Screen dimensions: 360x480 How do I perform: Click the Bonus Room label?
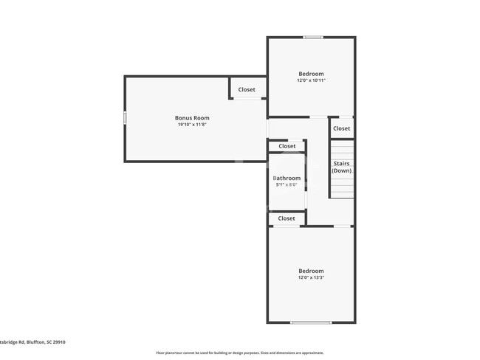[x=192, y=118]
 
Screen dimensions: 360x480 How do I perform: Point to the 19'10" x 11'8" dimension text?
[x=192, y=125]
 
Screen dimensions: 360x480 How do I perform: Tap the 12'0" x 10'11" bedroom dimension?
[x=311, y=80]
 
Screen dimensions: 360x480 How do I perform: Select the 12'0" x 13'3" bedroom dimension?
[x=311, y=277]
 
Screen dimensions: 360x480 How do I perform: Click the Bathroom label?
[x=287, y=178]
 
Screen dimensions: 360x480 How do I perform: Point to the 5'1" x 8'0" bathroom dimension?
[x=287, y=184]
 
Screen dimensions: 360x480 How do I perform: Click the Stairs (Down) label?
[x=341, y=167]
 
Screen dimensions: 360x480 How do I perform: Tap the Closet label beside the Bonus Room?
[x=247, y=90]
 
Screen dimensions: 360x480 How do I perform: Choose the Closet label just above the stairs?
[x=341, y=128]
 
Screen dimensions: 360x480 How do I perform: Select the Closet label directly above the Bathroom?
[x=287, y=146]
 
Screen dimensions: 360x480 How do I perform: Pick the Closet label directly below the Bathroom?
[x=287, y=218]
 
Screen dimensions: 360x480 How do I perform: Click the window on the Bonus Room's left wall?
[x=125, y=117]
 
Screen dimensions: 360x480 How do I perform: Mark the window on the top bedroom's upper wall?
[x=313, y=37]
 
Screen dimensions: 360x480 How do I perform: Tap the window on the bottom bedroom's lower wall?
[x=310, y=322]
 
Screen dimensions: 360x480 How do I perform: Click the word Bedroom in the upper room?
[x=311, y=74]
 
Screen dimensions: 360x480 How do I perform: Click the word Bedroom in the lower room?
[x=311, y=271]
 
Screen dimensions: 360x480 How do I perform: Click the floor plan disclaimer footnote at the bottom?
[x=239, y=353]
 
